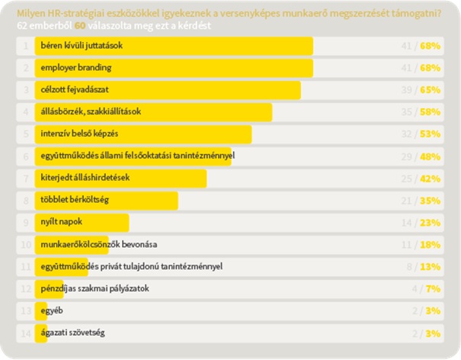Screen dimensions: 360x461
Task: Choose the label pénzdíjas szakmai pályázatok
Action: pyautogui.click(x=95, y=289)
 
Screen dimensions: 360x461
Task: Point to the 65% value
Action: pyautogui.click(x=431, y=90)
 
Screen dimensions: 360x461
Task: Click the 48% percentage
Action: pyautogui.click(x=431, y=156)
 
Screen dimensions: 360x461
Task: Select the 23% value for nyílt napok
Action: pyautogui.click(x=431, y=223)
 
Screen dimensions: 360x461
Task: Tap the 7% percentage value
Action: pyautogui.click(x=434, y=289)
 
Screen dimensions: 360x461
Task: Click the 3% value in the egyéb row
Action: pyautogui.click(x=434, y=311)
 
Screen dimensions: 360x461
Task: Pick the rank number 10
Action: pyautogui.click(x=26, y=245)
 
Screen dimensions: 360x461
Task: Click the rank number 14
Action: pyautogui.click(x=26, y=333)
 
